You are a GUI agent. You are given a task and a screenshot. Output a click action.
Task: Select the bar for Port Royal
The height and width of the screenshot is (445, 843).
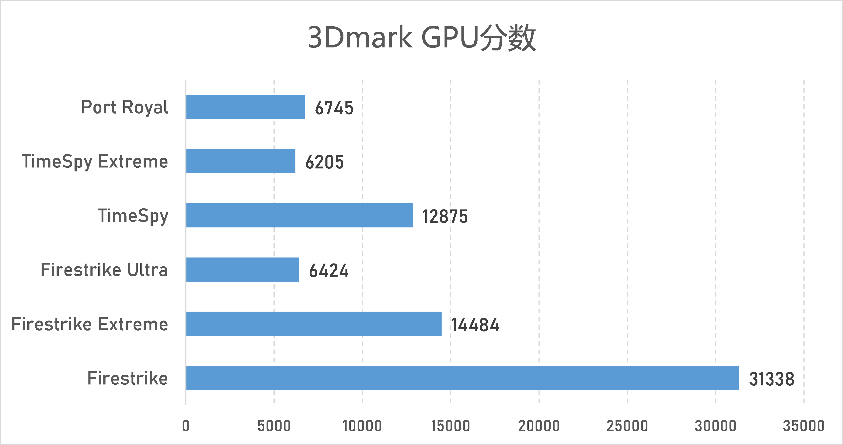pos(246,107)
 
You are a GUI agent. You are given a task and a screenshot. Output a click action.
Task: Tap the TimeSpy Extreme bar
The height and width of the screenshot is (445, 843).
pos(241,161)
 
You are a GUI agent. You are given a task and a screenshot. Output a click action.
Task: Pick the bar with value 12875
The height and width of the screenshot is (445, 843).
pos(299,215)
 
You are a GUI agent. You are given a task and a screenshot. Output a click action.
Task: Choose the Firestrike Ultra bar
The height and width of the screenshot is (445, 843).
pos(242,269)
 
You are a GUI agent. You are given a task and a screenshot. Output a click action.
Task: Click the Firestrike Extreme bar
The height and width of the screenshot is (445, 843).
pos(314,324)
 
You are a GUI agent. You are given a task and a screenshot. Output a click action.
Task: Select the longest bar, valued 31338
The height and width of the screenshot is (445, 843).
pos(462,378)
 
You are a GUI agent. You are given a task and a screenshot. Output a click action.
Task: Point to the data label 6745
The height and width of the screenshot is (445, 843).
pos(334,108)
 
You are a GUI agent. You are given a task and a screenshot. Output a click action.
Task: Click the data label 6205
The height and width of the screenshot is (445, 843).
pos(325,162)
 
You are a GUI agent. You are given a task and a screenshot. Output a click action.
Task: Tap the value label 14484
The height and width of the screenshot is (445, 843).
pos(475,325)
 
